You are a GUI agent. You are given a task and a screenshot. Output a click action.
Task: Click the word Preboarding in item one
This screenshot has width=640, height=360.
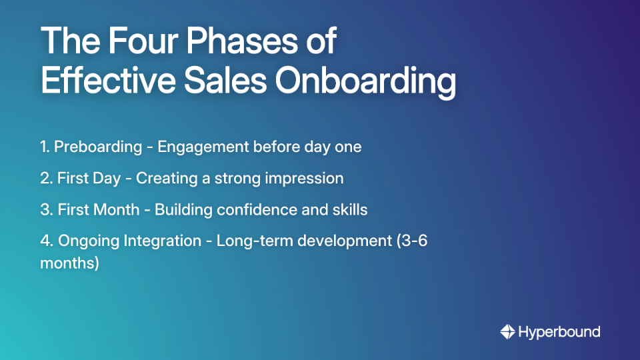pyautogui.click(x=98, y=147)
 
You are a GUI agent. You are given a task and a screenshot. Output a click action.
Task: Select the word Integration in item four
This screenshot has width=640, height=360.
pyautogui.click(x=163, y=241)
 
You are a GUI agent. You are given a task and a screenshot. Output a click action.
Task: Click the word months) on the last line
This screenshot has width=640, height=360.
pyautogui.click(x=69, y=263)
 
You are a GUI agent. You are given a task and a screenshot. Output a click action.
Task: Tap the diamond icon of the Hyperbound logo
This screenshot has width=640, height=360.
pyautogui.click(x=507, y=331)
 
